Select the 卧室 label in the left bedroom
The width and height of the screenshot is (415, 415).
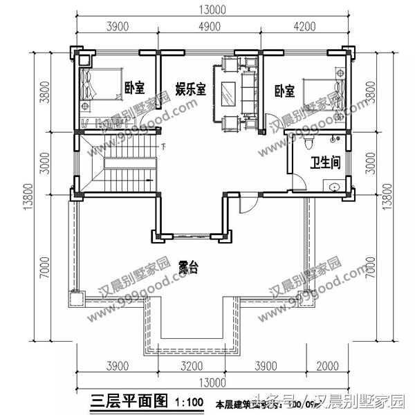134,88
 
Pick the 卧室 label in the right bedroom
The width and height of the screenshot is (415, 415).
284,91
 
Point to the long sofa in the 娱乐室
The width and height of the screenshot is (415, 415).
248,94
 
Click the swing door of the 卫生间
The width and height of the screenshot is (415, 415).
296,183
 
